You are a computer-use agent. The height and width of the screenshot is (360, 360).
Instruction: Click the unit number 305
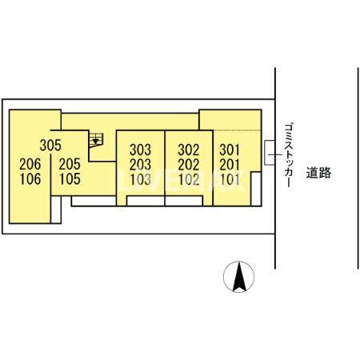coord(50,146)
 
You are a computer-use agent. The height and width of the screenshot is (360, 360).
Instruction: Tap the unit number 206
coord(30,164)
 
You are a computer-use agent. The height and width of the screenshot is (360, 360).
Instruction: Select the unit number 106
coord(30,179)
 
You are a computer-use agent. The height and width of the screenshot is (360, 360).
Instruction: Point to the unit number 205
coord(70,164)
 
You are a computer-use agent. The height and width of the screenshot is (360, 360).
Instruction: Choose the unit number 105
coord(70,179)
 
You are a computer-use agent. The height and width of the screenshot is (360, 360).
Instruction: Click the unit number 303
coord(140,150)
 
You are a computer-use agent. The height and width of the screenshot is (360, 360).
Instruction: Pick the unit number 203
coord(140,165)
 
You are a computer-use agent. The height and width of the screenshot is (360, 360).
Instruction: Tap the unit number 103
coord(140,179)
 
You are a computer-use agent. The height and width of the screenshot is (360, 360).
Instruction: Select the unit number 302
coord(189,150)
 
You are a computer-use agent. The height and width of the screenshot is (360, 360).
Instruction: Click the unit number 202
coord(189,165)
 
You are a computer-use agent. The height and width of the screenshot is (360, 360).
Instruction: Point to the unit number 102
coord(189,179)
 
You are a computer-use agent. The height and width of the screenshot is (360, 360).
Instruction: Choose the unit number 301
coord(230,150)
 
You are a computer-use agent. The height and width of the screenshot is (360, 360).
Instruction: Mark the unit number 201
coord(230,165)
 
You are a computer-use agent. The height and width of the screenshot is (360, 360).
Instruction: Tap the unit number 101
coord(230,179)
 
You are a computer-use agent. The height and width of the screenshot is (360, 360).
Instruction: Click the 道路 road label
coord(318,173)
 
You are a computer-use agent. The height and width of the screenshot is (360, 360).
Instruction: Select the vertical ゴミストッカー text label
coord(289,155)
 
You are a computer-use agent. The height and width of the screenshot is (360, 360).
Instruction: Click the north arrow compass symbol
coord(239,277)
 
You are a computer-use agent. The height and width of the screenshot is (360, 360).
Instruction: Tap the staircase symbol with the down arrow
coord(96,140)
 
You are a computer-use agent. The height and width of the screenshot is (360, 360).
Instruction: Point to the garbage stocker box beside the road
coord(270,152)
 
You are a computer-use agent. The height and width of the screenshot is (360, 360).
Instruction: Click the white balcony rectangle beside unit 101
coord(256,189)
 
